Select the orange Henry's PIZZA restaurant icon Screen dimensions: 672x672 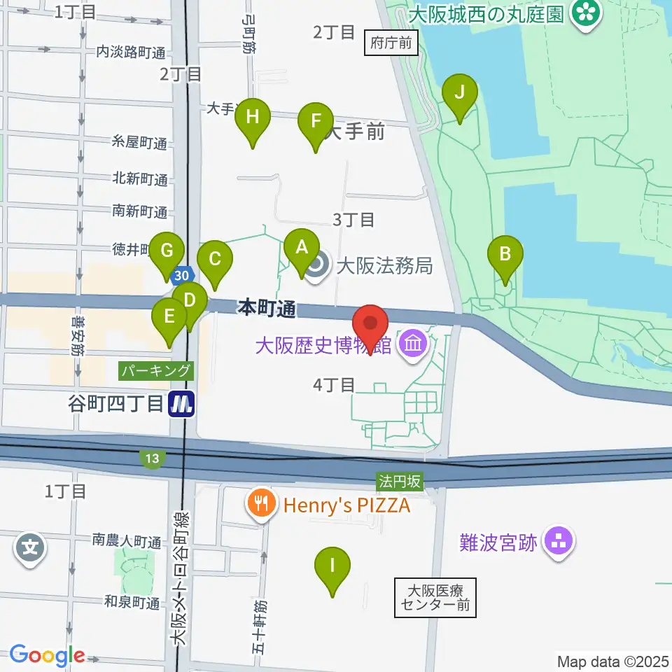(x=262, y=504)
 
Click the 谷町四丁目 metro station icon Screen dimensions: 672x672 (x=182, y=404)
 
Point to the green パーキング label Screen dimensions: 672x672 (x=155, y=370)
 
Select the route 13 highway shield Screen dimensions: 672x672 (x=152, y=459)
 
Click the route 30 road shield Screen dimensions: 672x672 (x=182, y=274)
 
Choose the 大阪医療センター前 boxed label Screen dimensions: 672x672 (x=435, y=597)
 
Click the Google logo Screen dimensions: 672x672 (x=47, y=655)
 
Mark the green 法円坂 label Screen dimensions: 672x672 (x=400, y=481)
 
